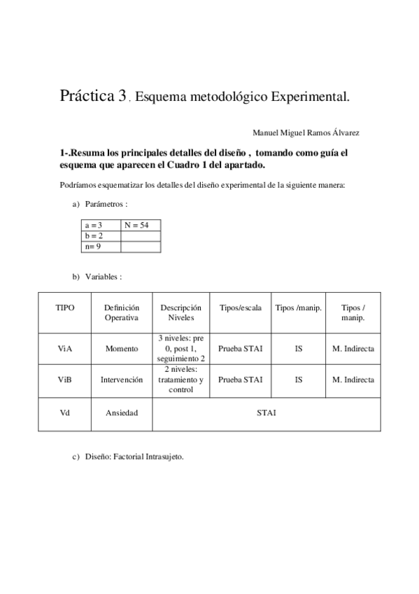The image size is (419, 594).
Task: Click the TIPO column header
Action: (x=64, y=308)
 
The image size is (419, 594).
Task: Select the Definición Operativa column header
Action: (x=122, y=312)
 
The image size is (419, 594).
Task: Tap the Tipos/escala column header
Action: (x=241, y=308)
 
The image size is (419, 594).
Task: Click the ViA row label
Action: (x=64, y=348)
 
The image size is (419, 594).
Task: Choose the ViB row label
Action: (x=64, y=380)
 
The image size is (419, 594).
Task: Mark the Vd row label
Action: (x=64, y=413)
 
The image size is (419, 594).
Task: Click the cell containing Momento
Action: (x=122, y=348)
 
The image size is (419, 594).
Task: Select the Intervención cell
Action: (x=122, y=380)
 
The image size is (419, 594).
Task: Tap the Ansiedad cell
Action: (x=122, y=413)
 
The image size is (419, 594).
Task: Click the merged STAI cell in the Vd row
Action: (x=266, y=413)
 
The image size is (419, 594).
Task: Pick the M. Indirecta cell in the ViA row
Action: (x=353, y=348)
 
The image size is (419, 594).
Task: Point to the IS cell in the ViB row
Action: (x=299, y=380)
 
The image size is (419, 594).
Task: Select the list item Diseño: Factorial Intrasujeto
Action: (x=134, y=457)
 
